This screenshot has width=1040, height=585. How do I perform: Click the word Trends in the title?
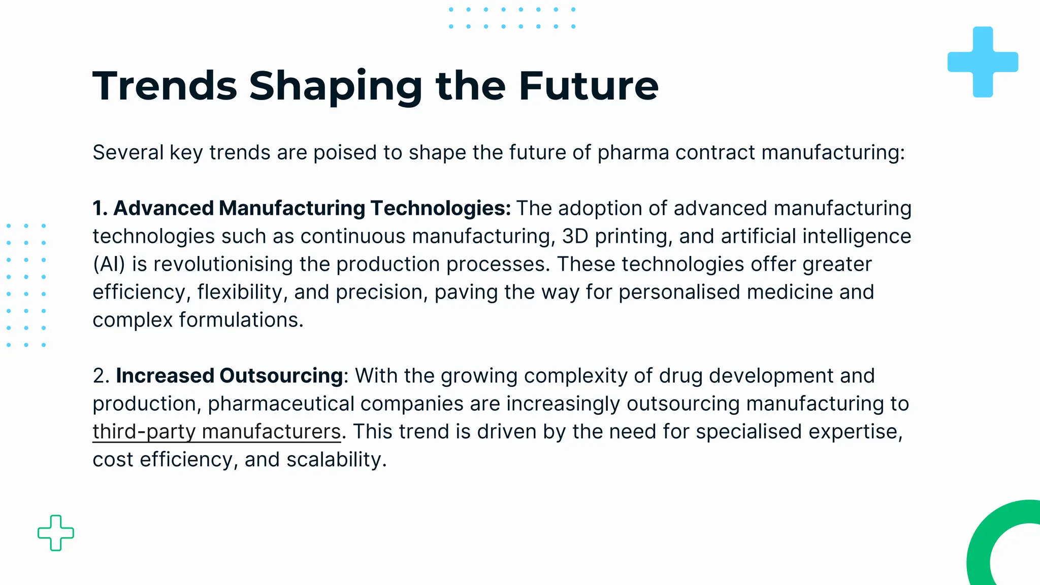coord(165,86)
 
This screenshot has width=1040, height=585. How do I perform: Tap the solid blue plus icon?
coord(983,62)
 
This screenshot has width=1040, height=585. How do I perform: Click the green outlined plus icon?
coord(56,533)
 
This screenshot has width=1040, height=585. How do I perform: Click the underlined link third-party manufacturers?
coord(216,432)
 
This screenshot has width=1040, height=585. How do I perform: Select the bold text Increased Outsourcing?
coord(230,376)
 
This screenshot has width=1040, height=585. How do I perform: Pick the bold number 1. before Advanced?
coord(100,208)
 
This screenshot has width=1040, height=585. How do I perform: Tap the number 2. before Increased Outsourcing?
coord(101,376)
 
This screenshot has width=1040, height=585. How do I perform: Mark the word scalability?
coord(336,460)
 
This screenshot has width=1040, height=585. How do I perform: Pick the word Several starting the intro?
coord(127,152)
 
